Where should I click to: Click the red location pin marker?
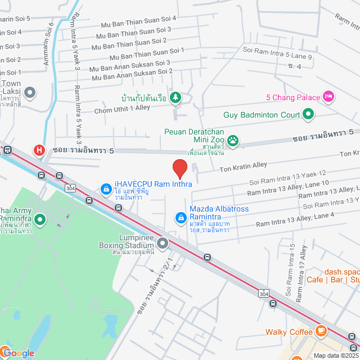click(x=179, y=169)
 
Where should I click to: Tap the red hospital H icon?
click(x=39, y=150)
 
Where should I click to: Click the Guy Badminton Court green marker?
click(x=308, y=115)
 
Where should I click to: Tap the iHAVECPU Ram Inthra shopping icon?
click(x=105, y=189)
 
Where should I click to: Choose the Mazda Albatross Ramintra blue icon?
click(x=181, y=217)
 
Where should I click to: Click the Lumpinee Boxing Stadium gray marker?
click(x=163, y=244)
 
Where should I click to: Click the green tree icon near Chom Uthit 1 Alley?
click(x=175, y=98)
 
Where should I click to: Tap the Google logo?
click(x=18, y=353)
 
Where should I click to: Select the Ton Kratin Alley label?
click(x=243, y=168)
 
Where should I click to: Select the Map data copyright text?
click(x=335, y=355)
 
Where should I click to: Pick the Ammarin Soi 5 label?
click(x=17, y=19)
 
